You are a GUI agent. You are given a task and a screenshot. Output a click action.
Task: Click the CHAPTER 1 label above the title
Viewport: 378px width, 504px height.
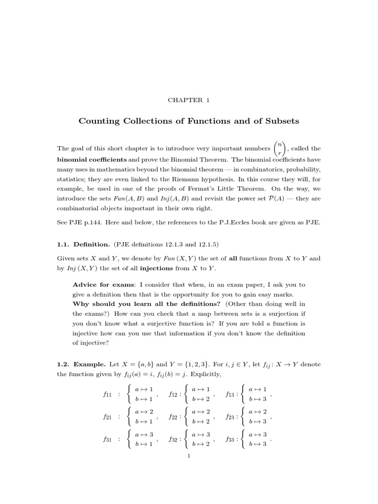click(189, 100)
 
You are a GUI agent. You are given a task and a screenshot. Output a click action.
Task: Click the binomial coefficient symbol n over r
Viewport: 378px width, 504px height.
click(279, 148)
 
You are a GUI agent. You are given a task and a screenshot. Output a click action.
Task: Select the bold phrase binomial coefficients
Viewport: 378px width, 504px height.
click(92, 159)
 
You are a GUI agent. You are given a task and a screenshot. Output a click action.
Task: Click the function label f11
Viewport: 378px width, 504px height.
click(107, 394)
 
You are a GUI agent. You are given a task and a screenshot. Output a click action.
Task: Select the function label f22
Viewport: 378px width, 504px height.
click(173, 417)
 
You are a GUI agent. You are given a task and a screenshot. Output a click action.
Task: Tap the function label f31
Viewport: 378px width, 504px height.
click(107, 440)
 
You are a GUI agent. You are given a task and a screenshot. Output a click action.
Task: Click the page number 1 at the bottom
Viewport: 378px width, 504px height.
click(189, 456)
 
